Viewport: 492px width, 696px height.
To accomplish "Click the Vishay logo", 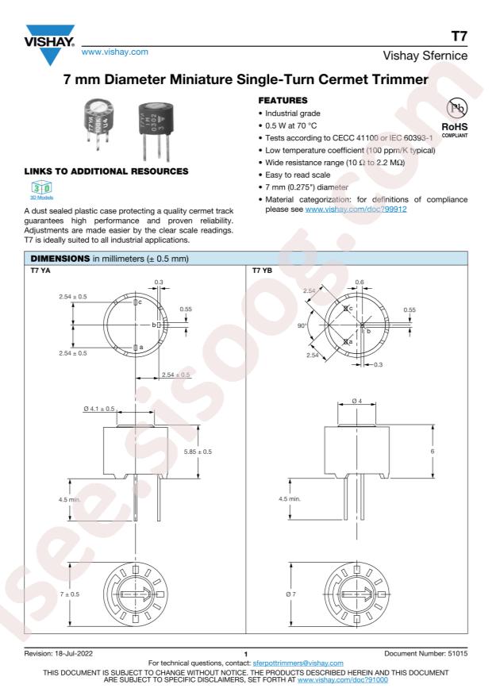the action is [x=50, y=44].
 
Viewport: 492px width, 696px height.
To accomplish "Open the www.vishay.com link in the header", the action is [x=115, y=52].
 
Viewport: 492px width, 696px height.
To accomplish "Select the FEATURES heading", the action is [x=283, y=100].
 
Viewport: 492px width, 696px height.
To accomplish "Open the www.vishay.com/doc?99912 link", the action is [x=356, y=209].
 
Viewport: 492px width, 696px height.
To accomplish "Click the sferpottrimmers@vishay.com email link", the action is [x=298, y=663].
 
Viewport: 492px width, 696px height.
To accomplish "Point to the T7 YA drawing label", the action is [x=40, y=271].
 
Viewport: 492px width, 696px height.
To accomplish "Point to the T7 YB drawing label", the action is [x=262, y=271].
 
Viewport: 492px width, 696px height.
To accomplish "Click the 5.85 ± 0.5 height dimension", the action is [x=198, y=452].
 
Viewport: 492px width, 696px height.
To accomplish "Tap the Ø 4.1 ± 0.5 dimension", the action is [x=99, y=409].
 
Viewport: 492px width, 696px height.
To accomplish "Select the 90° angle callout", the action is [x=302, y=326].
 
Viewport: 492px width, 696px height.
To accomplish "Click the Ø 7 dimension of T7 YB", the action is [x=291, y=594].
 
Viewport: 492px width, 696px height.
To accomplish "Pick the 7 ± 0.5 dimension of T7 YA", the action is [x=70, y=594].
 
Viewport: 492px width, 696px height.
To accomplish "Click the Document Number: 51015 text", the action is [x=426, y=653].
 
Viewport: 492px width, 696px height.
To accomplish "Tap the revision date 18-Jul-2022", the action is [x=74, y=653].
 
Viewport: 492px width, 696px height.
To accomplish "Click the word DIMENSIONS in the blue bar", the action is [x=60, y=259].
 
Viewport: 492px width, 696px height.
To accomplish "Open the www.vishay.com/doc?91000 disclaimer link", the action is [x=343, y=679].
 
